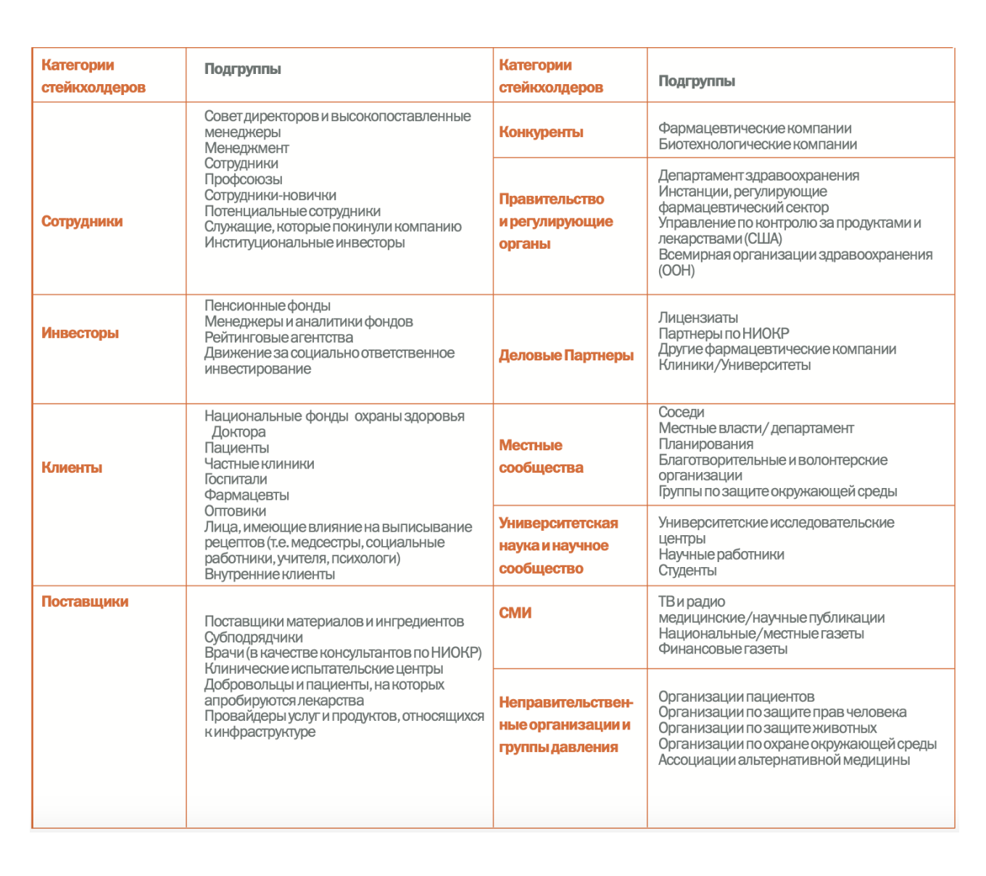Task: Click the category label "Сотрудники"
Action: pyautogui.click(x=82, y=221)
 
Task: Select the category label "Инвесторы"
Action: pyautogui.click(x=80, y=333)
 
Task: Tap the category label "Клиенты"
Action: pyautogui.click(x=72, y=468)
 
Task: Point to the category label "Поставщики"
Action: pyautogui.click(x=85, y=601)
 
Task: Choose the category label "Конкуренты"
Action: pyautogui.click(x=541, y=132)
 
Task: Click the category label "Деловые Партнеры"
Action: pyautogui.click(x=566, y=355)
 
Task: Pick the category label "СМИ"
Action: pyautogui.click(x=515, y=613)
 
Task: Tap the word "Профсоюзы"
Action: pyautogui.click(x=243, y=179)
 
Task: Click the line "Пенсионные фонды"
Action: pyautogui.click(x=268, y=306)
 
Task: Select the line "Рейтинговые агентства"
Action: pyautogui.click(x=278, y=337)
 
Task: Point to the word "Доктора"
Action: pyautogui.click(x=239, y=432)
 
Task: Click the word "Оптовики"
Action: pyautogui.click(x=235, y=511)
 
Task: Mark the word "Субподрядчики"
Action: pyautogui.click(x=254, y=637)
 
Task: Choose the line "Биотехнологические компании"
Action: pyautogui.click(x=758, y=144)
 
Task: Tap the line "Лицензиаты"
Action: pyautogui.click(x=698, y=318)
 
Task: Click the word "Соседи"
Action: pyautogui.click(x=681, y=413)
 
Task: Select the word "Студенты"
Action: pyautogui.click(x=687, y=571)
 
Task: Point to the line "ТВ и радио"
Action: pyautogui.click(x=692, y=602)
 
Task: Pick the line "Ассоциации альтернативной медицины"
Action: pyautogui.click(x=784, y=760)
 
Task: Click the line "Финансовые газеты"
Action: pyautogui.click(x=723, y=649)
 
